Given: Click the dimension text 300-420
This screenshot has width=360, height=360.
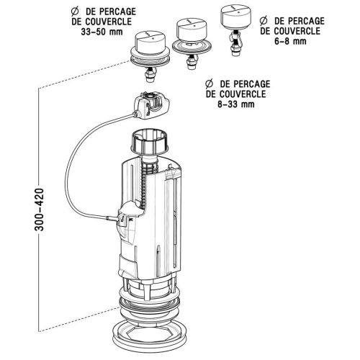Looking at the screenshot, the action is pyautogui.click(x=40, y=210).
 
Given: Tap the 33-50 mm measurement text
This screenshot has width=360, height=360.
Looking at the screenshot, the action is pyautogui.click(x=102, y=32).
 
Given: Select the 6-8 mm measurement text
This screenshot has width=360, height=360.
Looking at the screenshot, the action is pyautogui.click(x=290, y=41).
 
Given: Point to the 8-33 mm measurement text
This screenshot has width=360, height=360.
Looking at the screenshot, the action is pyautogui.click(x=236, y=104).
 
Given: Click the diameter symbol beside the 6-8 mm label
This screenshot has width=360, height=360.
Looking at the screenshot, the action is pyautogui.click(x=264, y=21).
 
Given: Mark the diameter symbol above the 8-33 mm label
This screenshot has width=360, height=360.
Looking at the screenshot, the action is pyautogui.click(x=210, y=84).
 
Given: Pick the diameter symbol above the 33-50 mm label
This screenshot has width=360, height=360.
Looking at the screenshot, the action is pyautogui.click(x=75, y=12).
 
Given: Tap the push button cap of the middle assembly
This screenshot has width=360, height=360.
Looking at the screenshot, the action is pyautogui.click(x=192, y=30).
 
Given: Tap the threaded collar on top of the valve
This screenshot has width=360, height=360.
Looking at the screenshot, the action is pyautogui.click(x=150, y=141).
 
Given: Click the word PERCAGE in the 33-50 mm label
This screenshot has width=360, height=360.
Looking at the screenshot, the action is pyautogui.click(x=117, y=12).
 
